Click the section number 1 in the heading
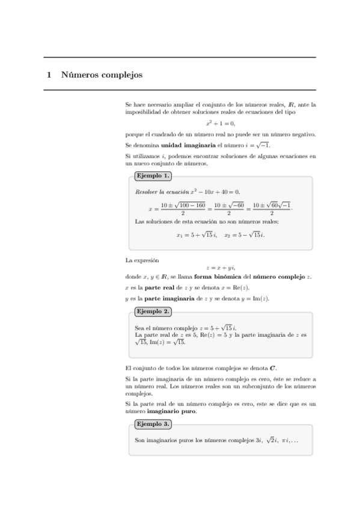click(x=49, y=76)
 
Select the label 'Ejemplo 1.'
click(x=153, y=176)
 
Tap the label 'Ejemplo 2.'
click(x=153, y=312)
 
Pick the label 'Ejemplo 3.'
click(x=153, y=424)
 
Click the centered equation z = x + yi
click(x=220, y=268)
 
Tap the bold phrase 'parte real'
click(x=159, y=287)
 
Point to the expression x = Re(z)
click(x=248, y=287)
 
